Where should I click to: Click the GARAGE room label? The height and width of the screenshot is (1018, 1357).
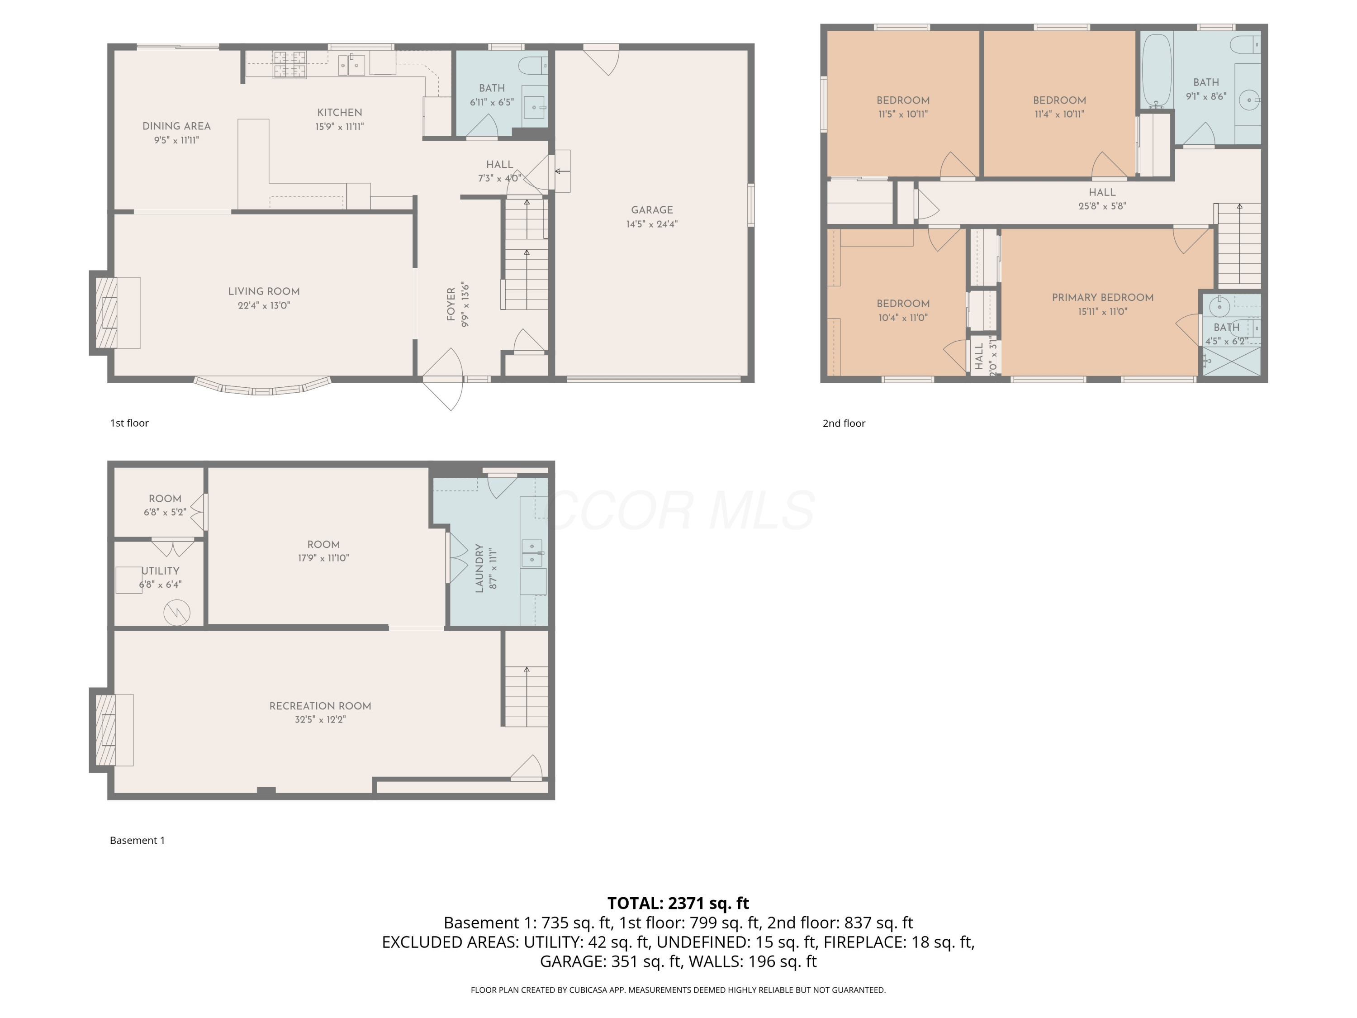[651, 210]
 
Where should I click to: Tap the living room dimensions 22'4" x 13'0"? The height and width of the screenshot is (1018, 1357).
[264, 305]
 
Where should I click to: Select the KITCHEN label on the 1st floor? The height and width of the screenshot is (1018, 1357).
[339, 112]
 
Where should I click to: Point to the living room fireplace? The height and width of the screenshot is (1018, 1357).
[105, 313]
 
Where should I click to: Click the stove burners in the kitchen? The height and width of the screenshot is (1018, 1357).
[289, 64]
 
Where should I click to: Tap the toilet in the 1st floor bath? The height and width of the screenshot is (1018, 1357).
[533, 65]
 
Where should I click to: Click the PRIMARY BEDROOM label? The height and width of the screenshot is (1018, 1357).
[1102, 298]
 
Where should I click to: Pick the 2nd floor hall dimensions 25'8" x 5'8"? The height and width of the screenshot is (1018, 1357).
[1102, 206]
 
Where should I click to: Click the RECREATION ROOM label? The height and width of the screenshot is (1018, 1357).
[320, 706]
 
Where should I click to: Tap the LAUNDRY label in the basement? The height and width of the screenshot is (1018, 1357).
[479, 568]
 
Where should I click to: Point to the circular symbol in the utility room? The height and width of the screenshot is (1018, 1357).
[177, 613]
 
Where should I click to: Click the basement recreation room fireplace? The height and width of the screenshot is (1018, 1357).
[105, 730]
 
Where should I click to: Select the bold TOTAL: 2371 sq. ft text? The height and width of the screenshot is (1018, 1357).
[678, 903]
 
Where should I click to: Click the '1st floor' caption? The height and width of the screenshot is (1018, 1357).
[129, 423]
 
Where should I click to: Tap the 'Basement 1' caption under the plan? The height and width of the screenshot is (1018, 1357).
[138, 840]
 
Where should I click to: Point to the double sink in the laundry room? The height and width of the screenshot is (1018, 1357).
[532, 553]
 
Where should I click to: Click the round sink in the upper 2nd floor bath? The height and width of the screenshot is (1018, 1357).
[1248, 100]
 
